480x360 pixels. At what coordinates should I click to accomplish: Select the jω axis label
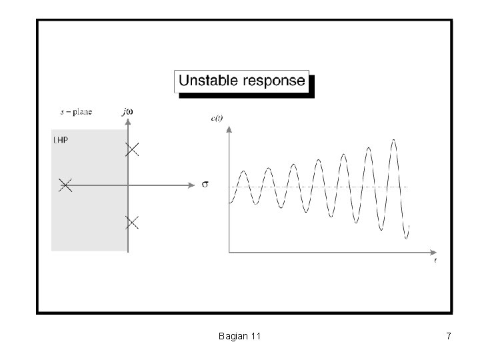click(x=127, y=111)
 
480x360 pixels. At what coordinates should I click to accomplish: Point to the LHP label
click(x=61, y=140)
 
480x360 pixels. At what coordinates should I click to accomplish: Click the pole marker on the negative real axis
click(x=65, y=185)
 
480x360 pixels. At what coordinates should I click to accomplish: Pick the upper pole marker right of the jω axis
click(x=132, y=149)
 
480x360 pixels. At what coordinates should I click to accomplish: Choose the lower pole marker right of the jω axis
click(x=132, y=223)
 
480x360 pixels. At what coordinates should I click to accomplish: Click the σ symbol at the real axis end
click(x=205, y=184)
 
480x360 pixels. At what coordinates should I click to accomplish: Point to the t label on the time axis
click(x=435, y=261)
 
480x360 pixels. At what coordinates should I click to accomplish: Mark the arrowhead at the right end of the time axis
click(x=431, y=252)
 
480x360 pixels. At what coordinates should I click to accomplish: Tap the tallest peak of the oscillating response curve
click(x=394, y=140)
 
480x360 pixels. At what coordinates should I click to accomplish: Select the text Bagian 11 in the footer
click(x=239, y=337)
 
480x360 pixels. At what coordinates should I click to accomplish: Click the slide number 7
click(x=449, y=337)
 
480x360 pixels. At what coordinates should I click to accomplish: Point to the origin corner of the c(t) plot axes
click(x=229, y=252)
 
